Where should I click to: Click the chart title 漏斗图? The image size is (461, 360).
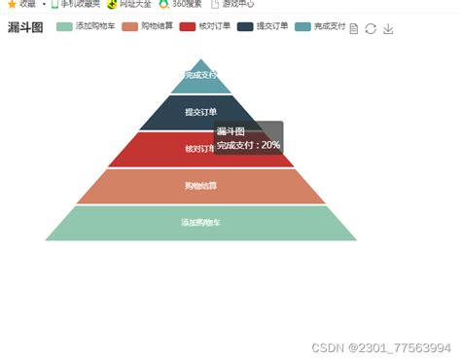pyautogui.click(x=25, y=27)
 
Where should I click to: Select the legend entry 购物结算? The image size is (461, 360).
pyautogui.click(x=148, y=26)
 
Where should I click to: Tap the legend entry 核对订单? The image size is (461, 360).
pyautogui.click(x=205, y=26)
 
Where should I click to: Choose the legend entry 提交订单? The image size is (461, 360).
pyautogui.click(x=263, y=26)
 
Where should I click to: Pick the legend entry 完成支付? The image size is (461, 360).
pyautogui.click(x=321, y=26)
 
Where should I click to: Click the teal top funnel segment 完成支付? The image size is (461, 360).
pyautogui.click(x=200, y=76)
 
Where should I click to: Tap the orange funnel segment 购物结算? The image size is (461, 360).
pyautogui.click(x=200, y=186)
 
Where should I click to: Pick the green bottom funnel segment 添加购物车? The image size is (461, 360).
pyautogui.click(x=200, y=223)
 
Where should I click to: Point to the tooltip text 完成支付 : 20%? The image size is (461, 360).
pyautogui.click(x=248, y=145)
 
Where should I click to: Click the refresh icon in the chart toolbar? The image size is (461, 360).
pyautogui.click(x=371, y=28)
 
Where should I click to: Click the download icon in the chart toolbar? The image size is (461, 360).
pyautogui.click(x=388, y=28)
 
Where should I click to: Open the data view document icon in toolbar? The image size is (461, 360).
pyautogui.click(x=354, y=28)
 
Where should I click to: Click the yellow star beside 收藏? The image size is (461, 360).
pyautogui.click(x=11, y=4)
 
